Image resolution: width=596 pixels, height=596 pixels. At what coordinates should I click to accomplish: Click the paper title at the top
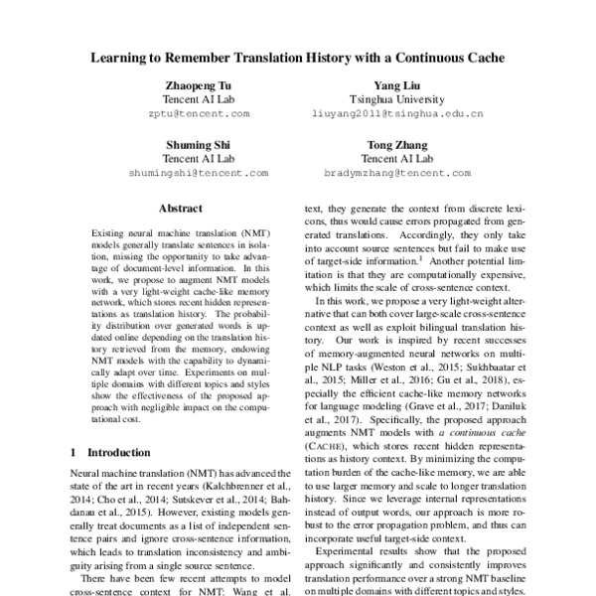tap(298, 58)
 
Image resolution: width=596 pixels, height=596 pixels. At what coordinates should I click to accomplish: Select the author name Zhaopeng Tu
tap(200, 86)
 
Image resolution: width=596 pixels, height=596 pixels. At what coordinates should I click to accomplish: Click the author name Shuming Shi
tap(200, 144)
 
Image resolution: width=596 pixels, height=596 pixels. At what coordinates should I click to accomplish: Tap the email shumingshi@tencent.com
tap(200, 172)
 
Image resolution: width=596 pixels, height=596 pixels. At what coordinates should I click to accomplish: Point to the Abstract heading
tap(181, 209)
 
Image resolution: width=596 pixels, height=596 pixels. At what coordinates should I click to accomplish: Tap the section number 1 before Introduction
tap(74, 453)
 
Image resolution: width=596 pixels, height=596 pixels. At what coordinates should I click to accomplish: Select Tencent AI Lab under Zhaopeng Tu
tap(200, 100)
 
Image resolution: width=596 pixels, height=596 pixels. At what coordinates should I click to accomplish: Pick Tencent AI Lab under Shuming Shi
tap(200, 158)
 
